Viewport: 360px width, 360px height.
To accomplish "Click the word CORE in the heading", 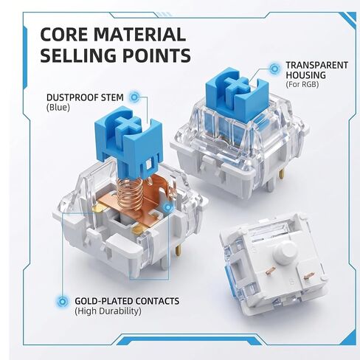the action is pos(64,35).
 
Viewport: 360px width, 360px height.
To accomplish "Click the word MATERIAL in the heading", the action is pos(139,35).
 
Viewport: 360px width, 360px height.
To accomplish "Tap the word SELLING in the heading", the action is pos(78,55).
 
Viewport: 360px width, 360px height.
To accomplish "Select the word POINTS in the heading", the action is pos(156,55).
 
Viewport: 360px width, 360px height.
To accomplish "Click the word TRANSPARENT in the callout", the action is pos(317,65).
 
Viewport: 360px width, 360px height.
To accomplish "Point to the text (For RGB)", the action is pos(302,85).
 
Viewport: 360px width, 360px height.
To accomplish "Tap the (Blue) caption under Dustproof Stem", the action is pos(58,108).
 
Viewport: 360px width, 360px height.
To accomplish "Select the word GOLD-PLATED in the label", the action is pos(103,301).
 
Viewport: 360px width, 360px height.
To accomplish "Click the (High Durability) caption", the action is pos(108,311).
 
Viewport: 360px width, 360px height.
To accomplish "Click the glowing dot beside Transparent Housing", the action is pos(274,69).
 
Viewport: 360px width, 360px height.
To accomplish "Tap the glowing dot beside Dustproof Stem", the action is pos(134,97).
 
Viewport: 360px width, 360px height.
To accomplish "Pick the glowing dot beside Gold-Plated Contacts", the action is pos(63,301).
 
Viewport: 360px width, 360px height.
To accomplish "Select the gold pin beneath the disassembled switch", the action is pos(177,250).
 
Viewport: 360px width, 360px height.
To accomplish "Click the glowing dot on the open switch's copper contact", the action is pos(168,207).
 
